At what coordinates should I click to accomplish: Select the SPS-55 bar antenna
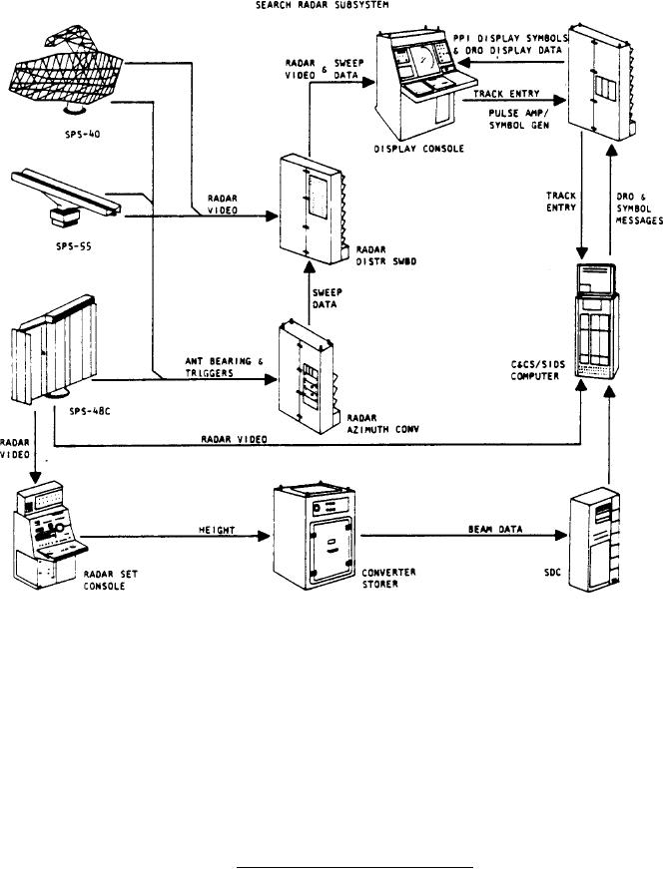coord(66,198)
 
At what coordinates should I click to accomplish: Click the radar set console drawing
coord(50,535)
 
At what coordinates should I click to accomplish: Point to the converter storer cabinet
coord(314,537)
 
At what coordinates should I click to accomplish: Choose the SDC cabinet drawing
coord(595,539)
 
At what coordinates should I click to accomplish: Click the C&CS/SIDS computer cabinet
coord(597,321)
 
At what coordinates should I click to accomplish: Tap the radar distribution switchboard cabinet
coord(313,210)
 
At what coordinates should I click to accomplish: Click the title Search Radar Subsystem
coord(322,5)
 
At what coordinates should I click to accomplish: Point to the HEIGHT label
coord(217,531)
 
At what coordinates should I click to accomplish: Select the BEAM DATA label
coord(495,529)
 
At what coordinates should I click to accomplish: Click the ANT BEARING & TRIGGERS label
coord(224,367)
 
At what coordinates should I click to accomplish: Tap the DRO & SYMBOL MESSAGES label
coord(639,209)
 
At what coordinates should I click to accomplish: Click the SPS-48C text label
coord(90,412)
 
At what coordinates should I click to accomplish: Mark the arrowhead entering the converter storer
coord(264,536)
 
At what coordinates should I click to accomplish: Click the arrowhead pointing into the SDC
coord(561,536)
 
